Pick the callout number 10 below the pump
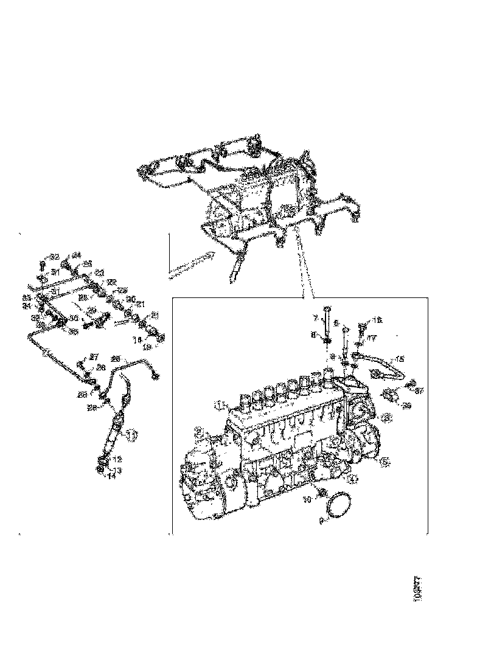click(308, 499)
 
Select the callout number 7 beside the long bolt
click(315, 318)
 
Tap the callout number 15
click(400, 359)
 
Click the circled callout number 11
click(131, 434)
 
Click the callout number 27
click(94, 357)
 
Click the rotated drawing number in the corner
click(417, 589)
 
